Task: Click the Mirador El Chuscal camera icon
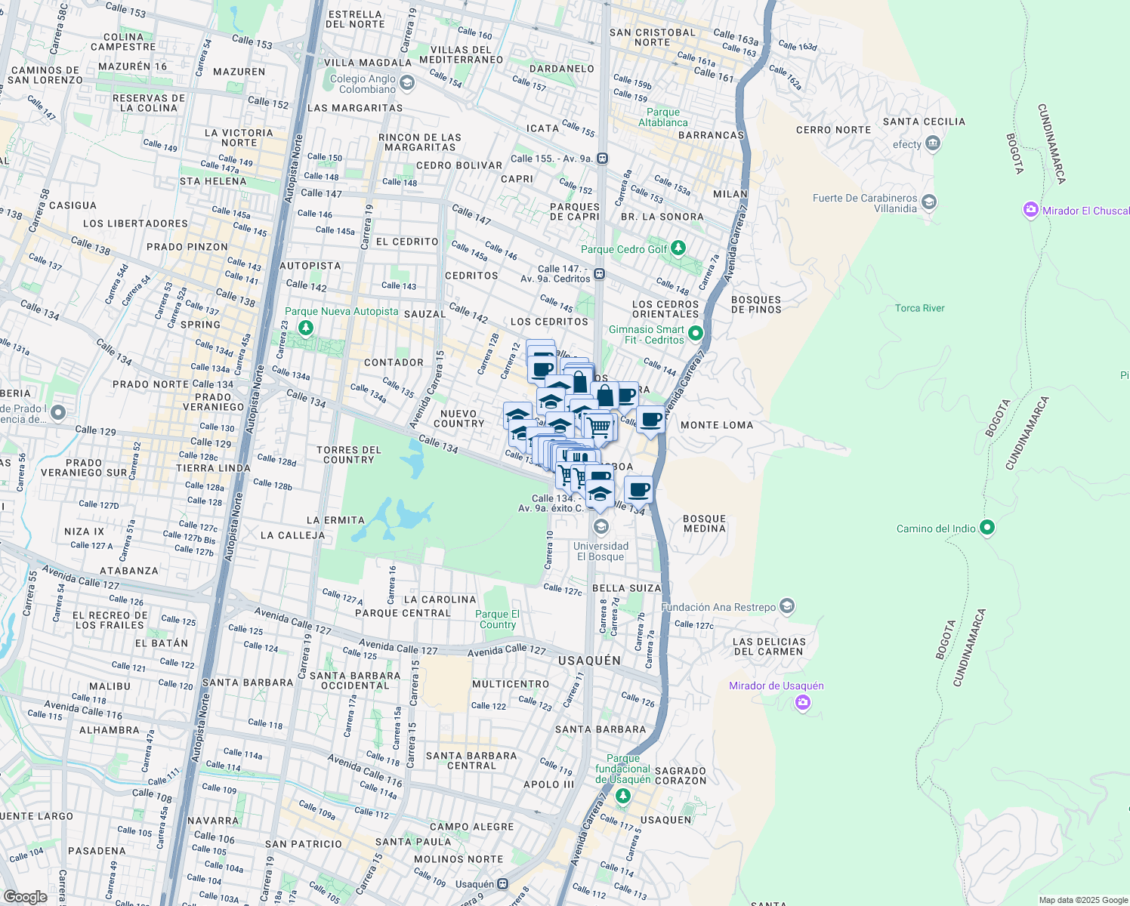(1031, 210)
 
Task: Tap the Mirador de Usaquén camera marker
(802, 703)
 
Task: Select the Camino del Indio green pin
(986, 528)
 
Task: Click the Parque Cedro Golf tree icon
(678, 248)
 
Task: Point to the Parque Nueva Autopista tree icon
(306, 327)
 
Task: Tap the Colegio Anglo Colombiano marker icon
(407, 82)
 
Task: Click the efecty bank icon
(932, 143)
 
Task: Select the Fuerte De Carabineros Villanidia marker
(929, 202)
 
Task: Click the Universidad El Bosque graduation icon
(601, 526)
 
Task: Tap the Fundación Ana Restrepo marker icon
(787, 606)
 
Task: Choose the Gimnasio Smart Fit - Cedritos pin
(696, 334)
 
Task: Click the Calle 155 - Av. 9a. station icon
(602, 159)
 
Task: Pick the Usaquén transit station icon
(503, 884)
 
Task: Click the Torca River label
(919, 308)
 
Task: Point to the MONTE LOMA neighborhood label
(717, 425)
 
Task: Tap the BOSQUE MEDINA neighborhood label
(704, 523)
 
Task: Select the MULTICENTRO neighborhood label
(511, 684)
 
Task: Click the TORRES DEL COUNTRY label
(349, 455)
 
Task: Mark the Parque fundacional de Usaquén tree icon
(622, 796)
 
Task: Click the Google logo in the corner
(26, 896)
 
